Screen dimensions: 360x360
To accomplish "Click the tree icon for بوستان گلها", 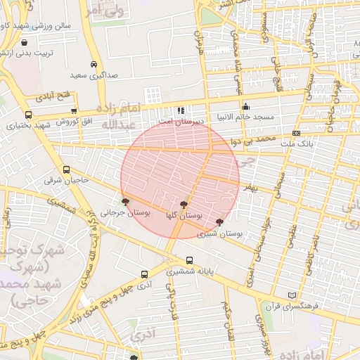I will (x=184, y=205).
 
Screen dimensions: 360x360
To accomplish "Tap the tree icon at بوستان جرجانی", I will (x=126, y=202).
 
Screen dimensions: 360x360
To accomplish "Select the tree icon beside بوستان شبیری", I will (x=219, y=222).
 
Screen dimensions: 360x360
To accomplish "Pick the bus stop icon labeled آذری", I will (x=144, y=274).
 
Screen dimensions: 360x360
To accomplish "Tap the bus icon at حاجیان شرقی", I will (x=66, y=169).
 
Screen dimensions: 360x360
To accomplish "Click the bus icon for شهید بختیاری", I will (x=28, y=115).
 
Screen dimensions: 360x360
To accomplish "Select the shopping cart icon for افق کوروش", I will (x=74, y=110).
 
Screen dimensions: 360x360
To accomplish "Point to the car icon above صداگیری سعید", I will (x=94, y=63).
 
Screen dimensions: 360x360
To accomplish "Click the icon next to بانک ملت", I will (x=296, y=133).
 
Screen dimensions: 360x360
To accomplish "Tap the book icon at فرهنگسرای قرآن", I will (x=292, y=296).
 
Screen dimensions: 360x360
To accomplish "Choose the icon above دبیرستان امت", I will (x=181, y=110).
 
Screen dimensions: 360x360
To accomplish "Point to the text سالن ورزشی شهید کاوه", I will (x=34, y=25).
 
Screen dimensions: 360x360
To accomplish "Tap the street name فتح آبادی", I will (x=54, y=95).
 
